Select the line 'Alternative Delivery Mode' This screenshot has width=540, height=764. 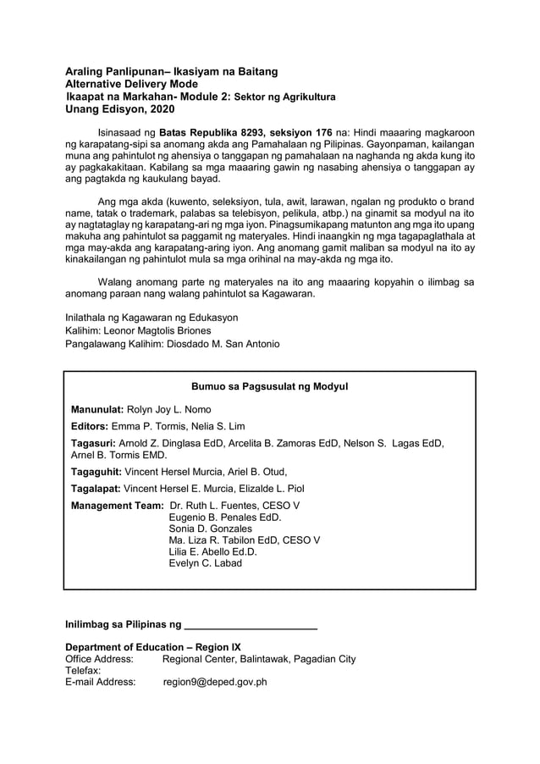click(135, 86)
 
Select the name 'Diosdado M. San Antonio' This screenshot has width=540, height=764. click(223, 344)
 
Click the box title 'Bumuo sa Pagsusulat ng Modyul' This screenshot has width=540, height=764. click(270, 387)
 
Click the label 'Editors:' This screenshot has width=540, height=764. click(91, 426)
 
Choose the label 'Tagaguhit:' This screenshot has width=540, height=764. click(96, 472)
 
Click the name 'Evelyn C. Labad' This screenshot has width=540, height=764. click(206, 562)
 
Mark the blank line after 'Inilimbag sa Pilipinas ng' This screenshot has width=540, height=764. click(251, 627)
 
